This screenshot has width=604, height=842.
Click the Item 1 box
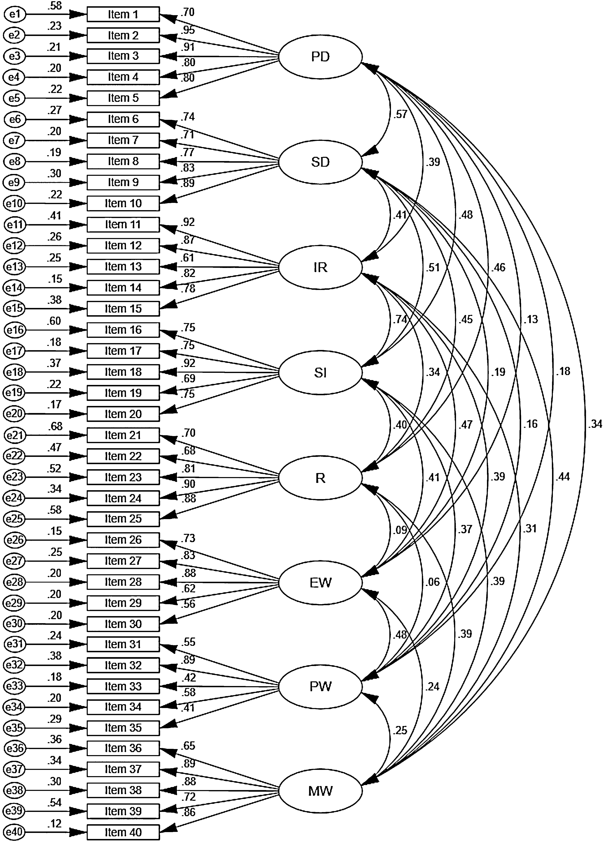(x=123, y=14)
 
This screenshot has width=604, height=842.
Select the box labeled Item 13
(x=123, y=267)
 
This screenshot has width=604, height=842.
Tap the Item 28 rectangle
(x=123, y=582)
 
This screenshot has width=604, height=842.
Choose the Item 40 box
(x=123, y=832)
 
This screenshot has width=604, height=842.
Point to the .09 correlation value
(x=400, y=530)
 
